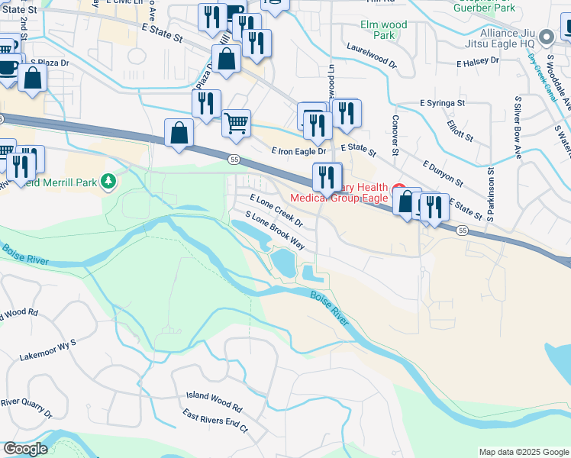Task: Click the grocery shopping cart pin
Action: click(237, 122)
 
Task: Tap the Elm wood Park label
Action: click(384, 30)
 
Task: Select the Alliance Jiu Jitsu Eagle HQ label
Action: click(508, 38)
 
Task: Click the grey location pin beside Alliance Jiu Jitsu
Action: click(547, 37)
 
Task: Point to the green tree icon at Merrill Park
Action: click(109, 181)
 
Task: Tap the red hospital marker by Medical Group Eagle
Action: click(398, 189)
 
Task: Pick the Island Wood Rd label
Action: click(214, 398)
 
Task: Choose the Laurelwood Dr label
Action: click(371, 61)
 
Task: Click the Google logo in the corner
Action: click(25, 449)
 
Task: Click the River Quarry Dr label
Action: click(25, 408)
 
